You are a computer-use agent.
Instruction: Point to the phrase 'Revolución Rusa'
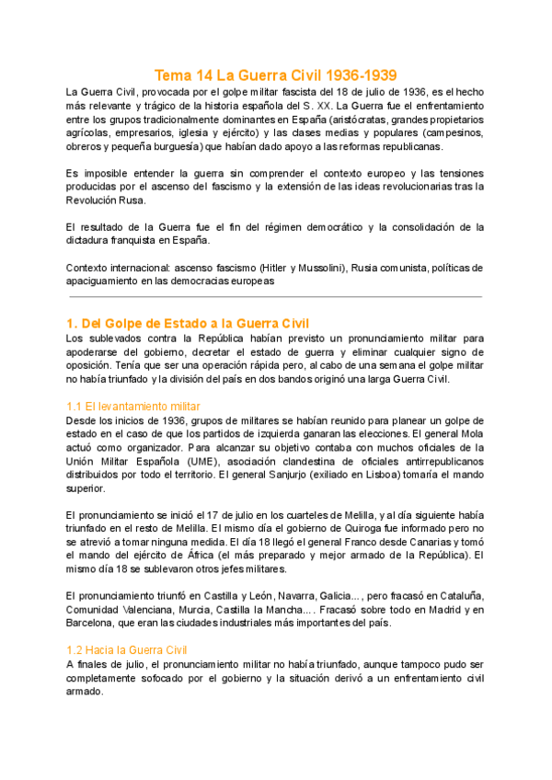[106, 200]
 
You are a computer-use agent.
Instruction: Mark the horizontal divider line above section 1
[276, 296]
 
